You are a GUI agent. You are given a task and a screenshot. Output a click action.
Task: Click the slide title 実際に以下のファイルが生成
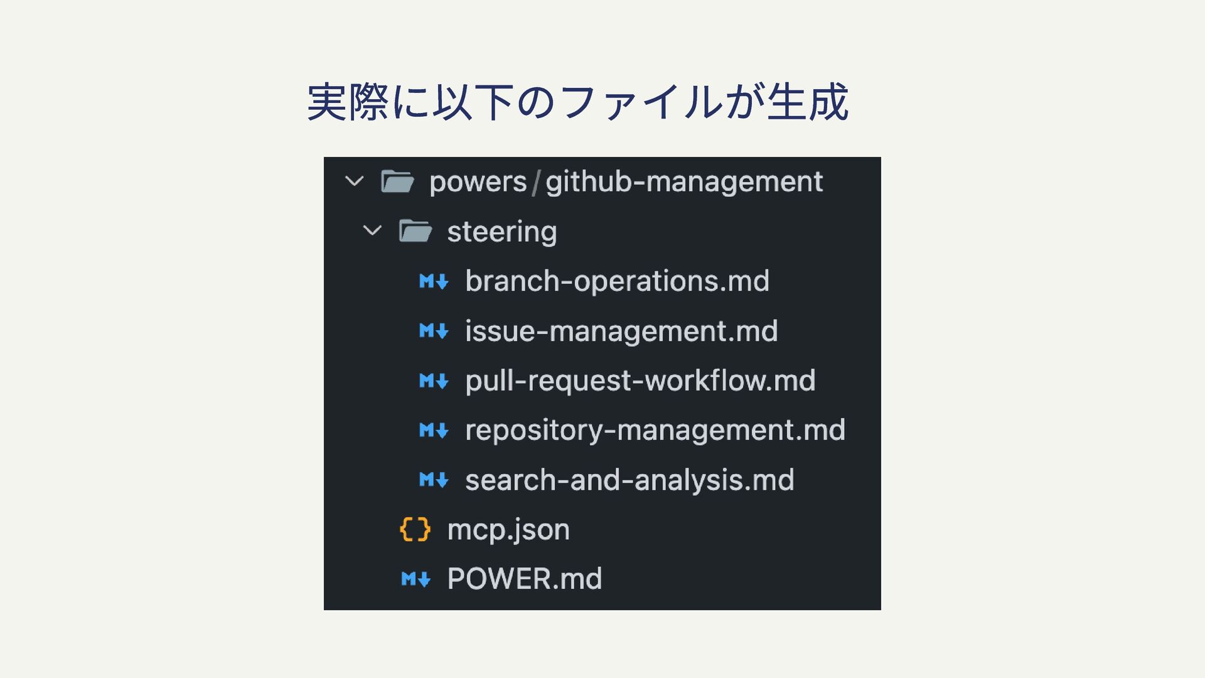pyautogui.click(x=577, y=102)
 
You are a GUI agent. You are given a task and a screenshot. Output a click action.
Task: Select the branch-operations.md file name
pyautogui.click(x=617, y=281)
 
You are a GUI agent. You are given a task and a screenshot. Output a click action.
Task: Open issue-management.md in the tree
pyautogui.click(x=621, y=331)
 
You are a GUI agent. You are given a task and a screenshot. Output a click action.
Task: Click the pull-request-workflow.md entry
pyautogui.click(x=640, y=380)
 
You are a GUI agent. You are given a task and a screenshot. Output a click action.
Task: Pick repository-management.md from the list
pyautogui.click(x=655, y=430)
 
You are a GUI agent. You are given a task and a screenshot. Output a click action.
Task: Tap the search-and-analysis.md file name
pyautogui.click(x=629, y=480)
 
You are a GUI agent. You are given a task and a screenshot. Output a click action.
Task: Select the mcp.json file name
pyautogui.click(x=508, y=529)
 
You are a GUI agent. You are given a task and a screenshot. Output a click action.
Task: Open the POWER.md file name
pyautogui.click(x=524, y=579)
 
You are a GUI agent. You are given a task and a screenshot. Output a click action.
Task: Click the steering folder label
pyautogui.click(x=501, y=232)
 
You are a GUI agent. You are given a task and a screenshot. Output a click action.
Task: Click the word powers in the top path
pyautogui.click(x=478, y=182)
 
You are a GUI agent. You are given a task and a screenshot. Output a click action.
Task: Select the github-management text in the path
pyautogui.click(x=683, y=182)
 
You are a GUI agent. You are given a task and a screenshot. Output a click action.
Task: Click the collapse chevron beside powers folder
pyautogui.click(x=355, y=182)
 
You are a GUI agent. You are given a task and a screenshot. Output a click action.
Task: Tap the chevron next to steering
pyautogui.click(x=372, y=231)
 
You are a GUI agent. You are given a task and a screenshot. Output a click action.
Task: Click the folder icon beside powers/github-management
pyautogui.click(x=397, y=182)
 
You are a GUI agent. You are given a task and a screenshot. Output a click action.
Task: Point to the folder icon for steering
pyautogui.click(x=415, y=232)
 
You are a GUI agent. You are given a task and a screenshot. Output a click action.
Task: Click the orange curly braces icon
pyautogui.click(x=415, y=529)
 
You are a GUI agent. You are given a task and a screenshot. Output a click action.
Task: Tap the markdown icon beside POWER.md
pyautogui.click(x=415, y=579)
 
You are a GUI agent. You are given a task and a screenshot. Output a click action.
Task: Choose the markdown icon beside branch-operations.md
pyautogui.click(x=434, y=281)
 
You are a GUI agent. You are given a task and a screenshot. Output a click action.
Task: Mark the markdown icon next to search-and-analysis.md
pyautogui.click(x=434, y=480)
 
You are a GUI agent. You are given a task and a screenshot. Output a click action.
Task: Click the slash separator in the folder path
pyautogui.click(x=536, y=182)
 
